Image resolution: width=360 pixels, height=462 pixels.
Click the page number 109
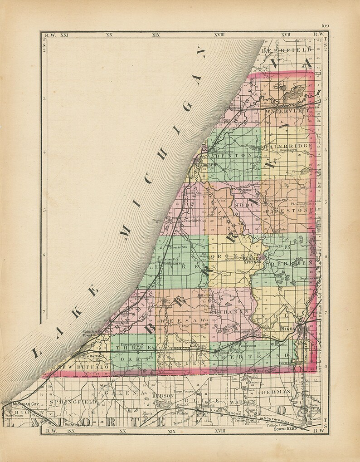point(324,25)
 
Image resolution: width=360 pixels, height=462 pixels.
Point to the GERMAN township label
point(276,391)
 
